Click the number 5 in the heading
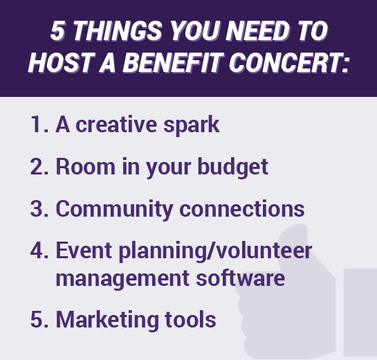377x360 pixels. (57, 31)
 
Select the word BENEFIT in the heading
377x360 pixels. (174, 62)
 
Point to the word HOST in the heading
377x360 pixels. (62, 62)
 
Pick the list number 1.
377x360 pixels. (39, 125)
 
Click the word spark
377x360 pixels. (192, 125)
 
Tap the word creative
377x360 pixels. (116, 125)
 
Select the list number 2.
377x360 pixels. (39, 167)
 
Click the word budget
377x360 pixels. (232, 168)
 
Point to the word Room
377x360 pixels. (86, 167)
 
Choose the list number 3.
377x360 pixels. (39, 208)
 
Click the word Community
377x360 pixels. (114, 210)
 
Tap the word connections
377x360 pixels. (242, 208)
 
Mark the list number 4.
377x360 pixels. (39, 250)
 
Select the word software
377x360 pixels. (241, 278)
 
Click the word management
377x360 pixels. (122, 279)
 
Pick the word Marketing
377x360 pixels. (107, 320)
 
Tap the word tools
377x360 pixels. (190, 319)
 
